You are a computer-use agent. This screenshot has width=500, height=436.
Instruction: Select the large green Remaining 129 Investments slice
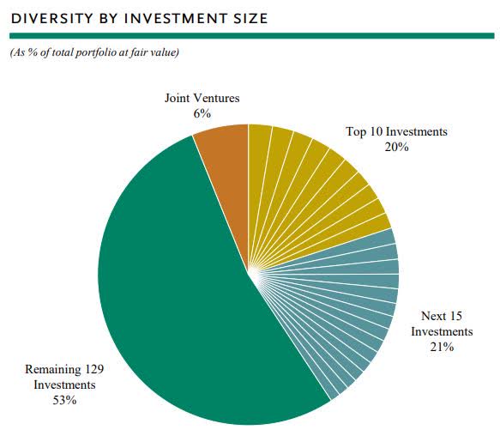click(172, 309)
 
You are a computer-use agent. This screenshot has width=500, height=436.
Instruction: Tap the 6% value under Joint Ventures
click(202, 113)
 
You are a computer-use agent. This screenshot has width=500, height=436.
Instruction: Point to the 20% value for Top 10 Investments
click(396, 147)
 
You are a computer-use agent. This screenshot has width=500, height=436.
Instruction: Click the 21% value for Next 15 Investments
click(442, 347)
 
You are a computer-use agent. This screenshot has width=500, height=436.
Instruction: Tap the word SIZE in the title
click(250, 18)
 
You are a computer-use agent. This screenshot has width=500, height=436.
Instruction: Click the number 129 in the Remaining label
click(94, 369)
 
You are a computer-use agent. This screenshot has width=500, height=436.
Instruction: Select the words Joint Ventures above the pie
click(202, 98)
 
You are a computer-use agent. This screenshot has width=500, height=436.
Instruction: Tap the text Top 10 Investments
click(396, 131)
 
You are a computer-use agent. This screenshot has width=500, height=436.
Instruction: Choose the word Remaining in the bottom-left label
click(52, 369)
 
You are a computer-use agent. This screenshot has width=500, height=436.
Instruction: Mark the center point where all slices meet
click(248, 274)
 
